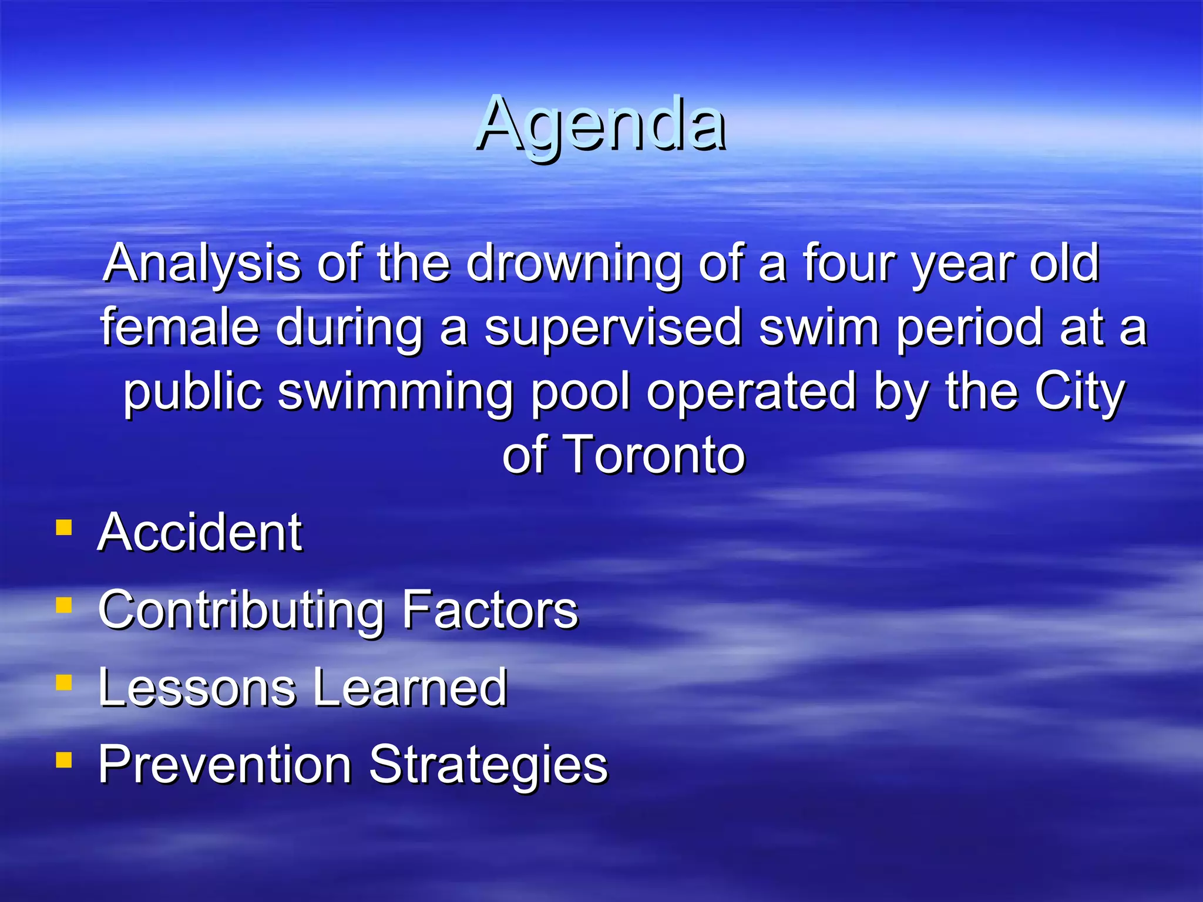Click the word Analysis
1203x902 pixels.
[202, 264]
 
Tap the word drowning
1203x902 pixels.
[573, 264]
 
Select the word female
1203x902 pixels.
[180, 328]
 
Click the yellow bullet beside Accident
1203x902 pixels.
[63, 527]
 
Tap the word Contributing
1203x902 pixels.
[241, 611]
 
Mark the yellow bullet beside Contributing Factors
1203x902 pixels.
[63, 605]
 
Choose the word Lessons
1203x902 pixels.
[197, 688]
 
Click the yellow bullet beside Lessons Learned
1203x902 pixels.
[63, 682]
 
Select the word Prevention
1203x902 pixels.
[225, 765]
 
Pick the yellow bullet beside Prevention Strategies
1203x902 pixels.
[63, 760]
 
